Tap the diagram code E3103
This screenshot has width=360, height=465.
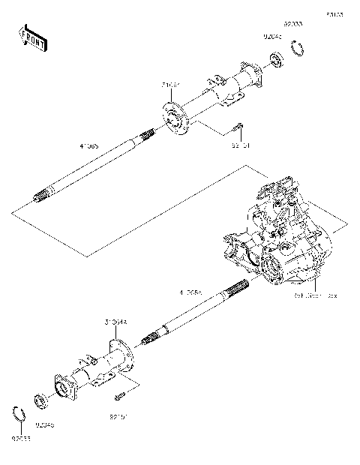click(x=334, y=14)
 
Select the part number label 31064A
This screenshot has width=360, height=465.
click(x=116, y=321)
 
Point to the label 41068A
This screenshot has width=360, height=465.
click(x=190, y=289)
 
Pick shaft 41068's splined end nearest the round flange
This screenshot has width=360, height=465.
click(x=145, y=136)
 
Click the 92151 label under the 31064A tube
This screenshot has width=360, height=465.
click(x=121, y=414)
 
